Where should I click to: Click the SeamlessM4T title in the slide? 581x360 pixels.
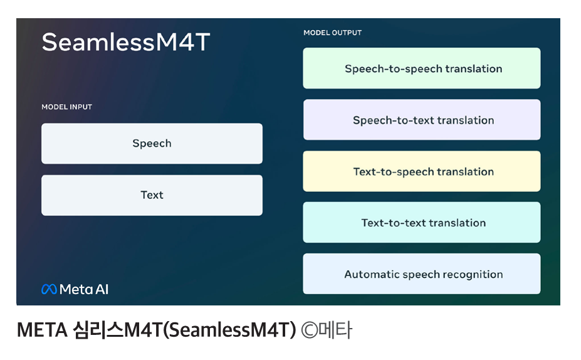point(126,42)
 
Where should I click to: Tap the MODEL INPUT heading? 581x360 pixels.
point(66,107)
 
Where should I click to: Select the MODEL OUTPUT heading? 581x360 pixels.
point(332,33)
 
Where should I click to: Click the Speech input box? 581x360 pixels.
point(152,144)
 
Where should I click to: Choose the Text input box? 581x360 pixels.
point(152,196)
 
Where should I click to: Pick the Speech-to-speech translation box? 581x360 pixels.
point(422,68)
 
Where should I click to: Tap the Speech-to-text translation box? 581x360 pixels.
point(422,120)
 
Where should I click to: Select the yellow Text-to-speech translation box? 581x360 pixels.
point(422,171)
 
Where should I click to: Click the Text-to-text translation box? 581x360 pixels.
point(422,223)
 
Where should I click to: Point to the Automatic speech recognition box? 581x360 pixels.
point(422,274)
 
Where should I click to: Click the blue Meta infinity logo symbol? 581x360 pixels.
point(49,289)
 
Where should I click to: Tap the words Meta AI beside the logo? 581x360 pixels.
point(84,289)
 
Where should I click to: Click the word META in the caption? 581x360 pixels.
point(42,330)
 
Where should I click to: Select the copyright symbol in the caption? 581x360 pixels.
point(310,330)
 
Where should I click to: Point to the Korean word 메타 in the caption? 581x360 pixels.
point(335,330)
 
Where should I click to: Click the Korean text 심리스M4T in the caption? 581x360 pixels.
point(117,330)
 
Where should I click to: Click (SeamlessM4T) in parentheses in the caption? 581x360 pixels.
point(229,330)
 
